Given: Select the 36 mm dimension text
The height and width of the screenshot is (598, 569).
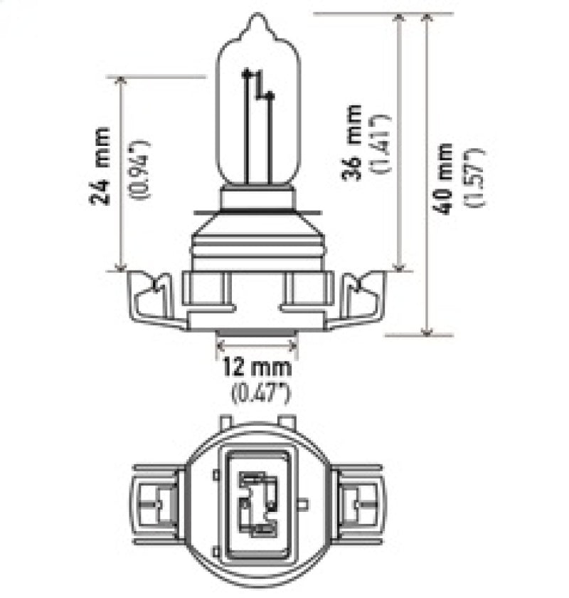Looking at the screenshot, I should (x=353, y=142).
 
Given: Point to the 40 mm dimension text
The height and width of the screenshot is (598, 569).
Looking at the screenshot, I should (x=446, y=179).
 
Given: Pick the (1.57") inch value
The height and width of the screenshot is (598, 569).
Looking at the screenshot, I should (x=474, y=179).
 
